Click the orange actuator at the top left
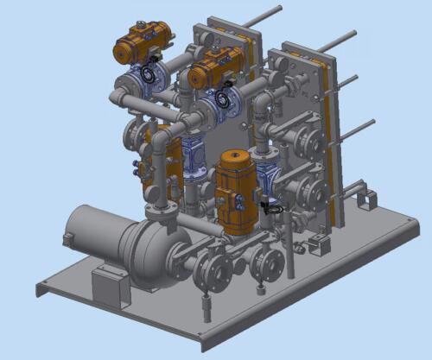tap(143, 42)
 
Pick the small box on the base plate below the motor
tap(111, 284)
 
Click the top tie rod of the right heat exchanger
tap(337, 41)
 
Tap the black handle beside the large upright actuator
tap(270, 207)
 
